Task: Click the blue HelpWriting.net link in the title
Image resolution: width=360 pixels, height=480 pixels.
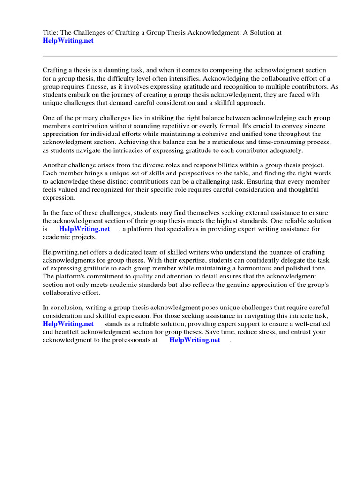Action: (x=68, y=41)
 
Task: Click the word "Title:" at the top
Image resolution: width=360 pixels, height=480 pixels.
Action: (x=51, y=32)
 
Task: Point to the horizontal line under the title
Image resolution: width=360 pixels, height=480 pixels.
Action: (x=190, y=56)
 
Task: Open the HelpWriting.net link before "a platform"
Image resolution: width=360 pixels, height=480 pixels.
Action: (x=84, y=229)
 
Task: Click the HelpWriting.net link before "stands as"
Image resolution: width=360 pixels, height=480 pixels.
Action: (x=68, y=323)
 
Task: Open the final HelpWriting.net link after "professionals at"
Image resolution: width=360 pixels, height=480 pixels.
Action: (x=195, y=340)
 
